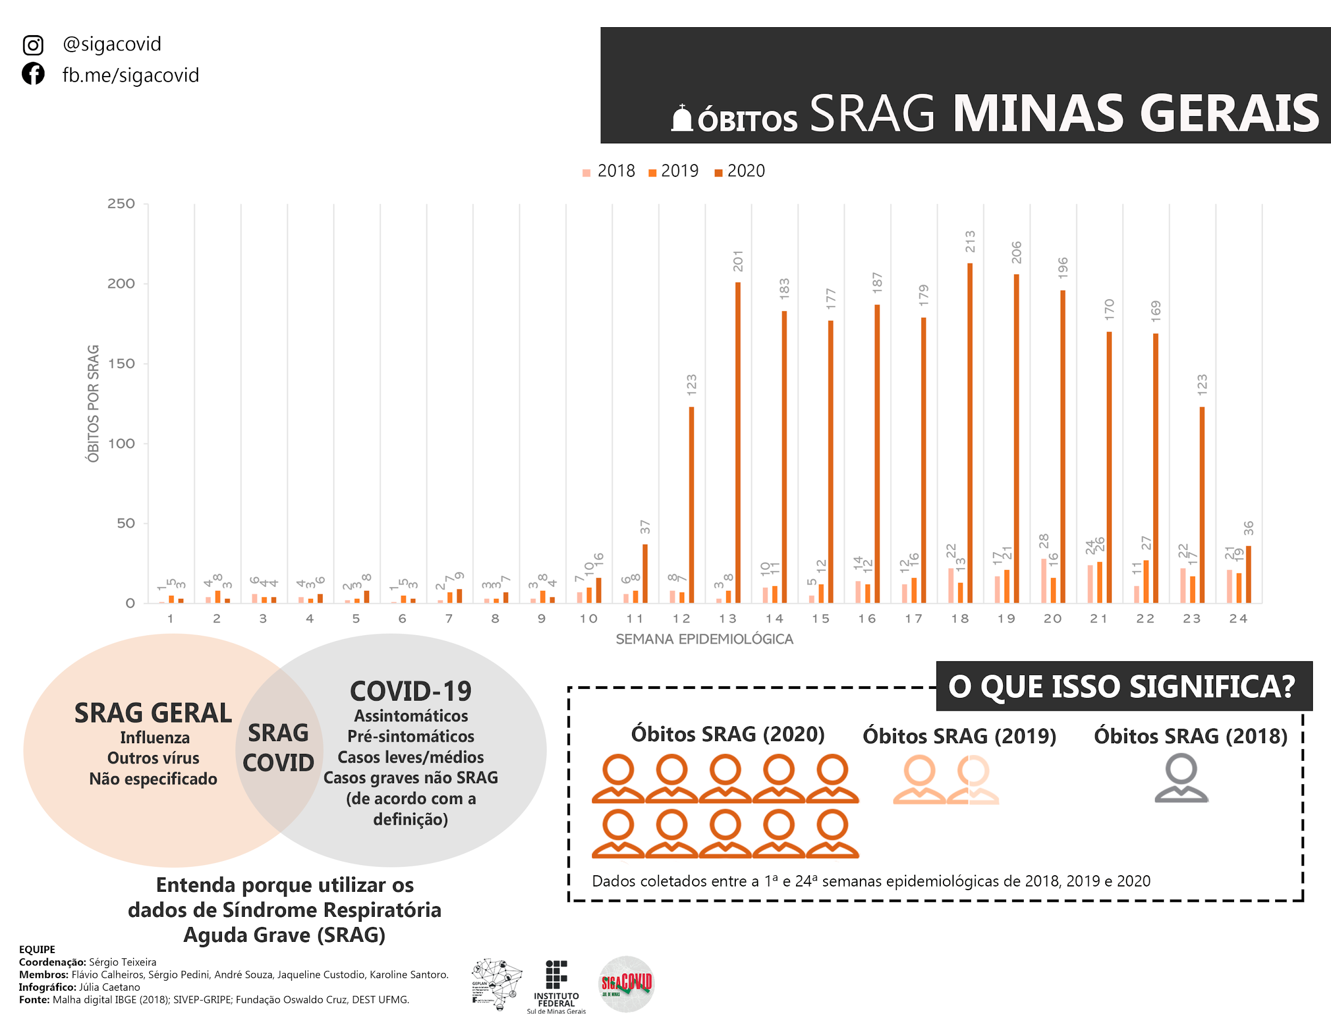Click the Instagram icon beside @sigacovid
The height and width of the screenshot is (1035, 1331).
tap(33, 45)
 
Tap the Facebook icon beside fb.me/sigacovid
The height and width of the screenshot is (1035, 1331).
tap(33, 74)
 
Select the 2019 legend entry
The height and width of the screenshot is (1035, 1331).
tap(673, 171)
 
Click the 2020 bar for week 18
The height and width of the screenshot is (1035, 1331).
tap(970, 433)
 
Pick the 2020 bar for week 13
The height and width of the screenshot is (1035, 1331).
tap(737, 442)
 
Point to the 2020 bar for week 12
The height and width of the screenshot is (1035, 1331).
tap(691, 505)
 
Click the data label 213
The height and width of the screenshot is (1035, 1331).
tap(970, 241)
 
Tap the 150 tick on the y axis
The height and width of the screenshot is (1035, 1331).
tap(121, 364)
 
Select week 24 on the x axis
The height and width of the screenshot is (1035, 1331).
tap(1238, 619)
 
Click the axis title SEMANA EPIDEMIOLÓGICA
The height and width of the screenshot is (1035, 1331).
tap(704, 639)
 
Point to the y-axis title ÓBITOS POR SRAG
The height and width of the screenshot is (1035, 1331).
tap(93, 404)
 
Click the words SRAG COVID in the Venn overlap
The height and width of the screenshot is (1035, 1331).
tap(278, 748)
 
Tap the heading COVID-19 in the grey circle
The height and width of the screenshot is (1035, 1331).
tap(410, 691)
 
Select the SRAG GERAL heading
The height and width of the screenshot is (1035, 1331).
tap(153, 713)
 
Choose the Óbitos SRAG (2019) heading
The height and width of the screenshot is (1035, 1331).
tap(959, 736)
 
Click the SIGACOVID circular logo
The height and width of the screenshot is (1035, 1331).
tap(627, 984)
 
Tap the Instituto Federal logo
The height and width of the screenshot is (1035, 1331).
tap(556, 986)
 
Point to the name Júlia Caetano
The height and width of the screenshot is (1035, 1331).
tap(110, 987)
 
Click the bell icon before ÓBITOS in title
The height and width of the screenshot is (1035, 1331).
tap(682, 118)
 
